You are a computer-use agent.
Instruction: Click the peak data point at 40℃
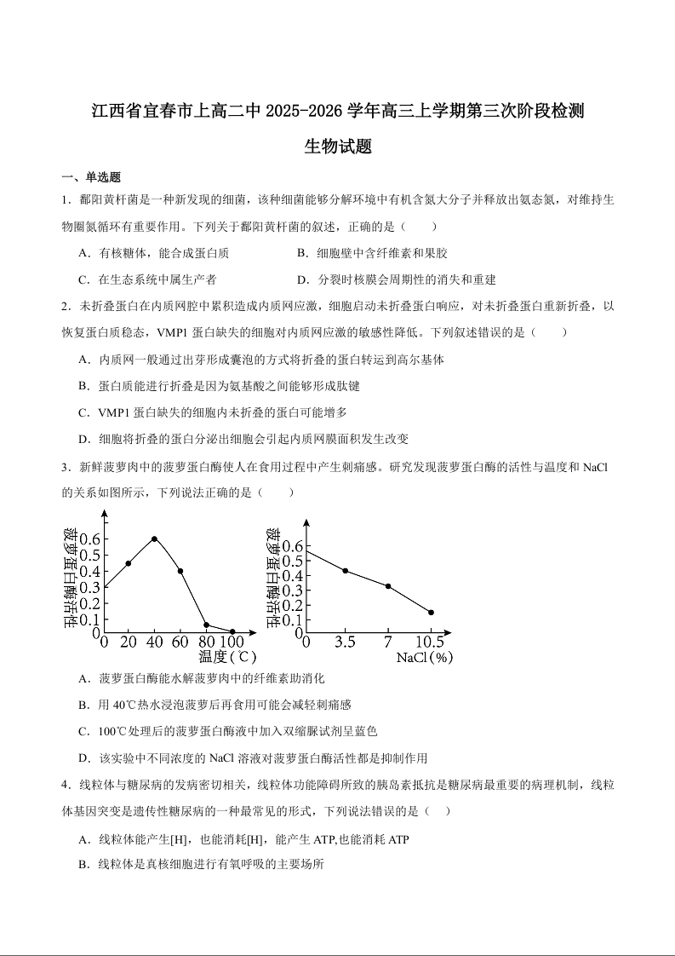pyautogui.click(x=154, y=538)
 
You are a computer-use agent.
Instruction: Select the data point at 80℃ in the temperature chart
pyautogui.click(x=206, y=625)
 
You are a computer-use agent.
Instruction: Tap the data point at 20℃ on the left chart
pyautogui.click(x=129, y=563)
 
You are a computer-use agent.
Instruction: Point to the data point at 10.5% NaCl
pyautogui.click(x=431, y=612)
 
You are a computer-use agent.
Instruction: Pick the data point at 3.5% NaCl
pyautogui.click(x=345, y=570)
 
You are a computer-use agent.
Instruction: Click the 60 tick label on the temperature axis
pyautogui.click(x=180, y=642)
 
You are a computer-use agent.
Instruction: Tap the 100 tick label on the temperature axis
pyautogui.click(x=232, y=642)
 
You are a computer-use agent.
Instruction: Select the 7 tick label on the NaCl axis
pyautogui.click(x=387, y=642)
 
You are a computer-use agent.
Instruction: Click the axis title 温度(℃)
pyautogui.click(x=227, y=657)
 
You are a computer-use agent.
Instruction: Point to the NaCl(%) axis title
pyautogui.click(x=424, y=657)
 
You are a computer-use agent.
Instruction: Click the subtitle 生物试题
pyautogui.click(x=338, y=147)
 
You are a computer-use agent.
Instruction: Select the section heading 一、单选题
pyautogui.click(x=91, y=177)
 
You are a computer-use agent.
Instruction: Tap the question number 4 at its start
pyautogui.click(x=66, y=785)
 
